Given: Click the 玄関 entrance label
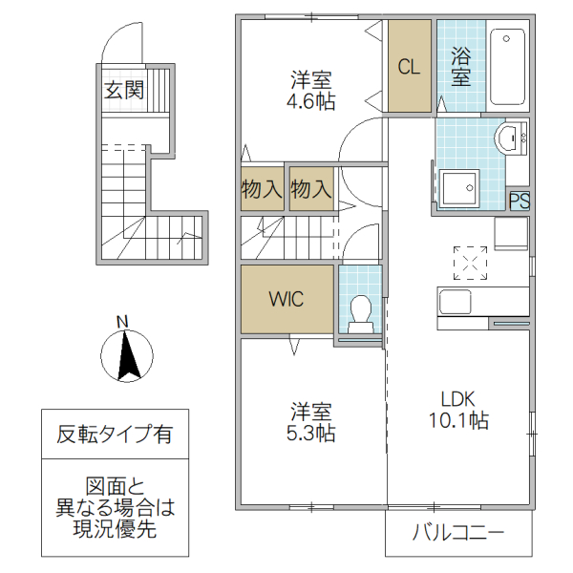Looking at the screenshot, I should coord(124,92).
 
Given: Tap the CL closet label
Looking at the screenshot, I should coord(409,67).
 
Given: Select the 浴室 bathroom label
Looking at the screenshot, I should coord(460,67).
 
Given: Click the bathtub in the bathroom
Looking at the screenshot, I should coord(507,67).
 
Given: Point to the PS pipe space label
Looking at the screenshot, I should coord(519,202).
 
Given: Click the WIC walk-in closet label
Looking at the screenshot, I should coord(286,299).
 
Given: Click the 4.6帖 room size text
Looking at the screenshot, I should coord(311,102).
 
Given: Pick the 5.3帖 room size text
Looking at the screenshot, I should coord(312,434).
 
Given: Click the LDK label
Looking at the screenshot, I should coord(456,399).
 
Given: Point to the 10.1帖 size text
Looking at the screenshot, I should coord(457,420).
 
